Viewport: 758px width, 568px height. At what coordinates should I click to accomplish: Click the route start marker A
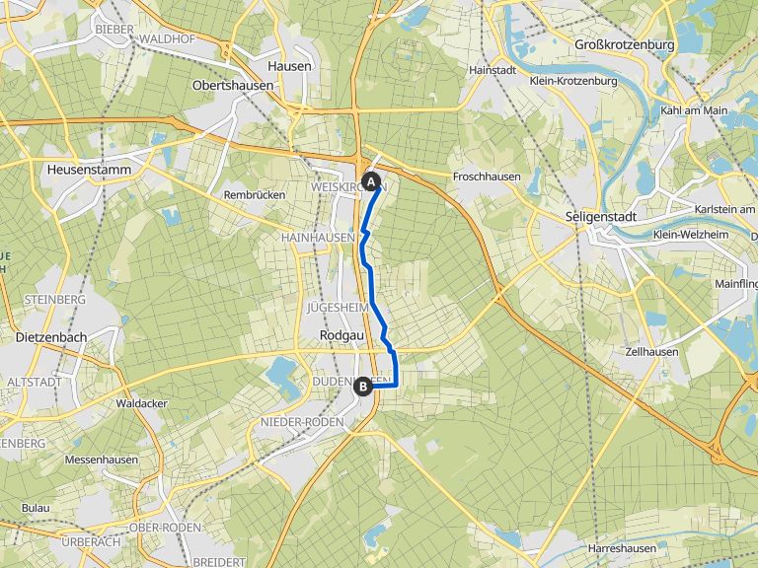click(372, 181)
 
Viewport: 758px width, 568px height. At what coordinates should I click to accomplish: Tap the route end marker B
click(363, 387)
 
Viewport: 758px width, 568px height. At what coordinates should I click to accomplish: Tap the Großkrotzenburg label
click(625, 44)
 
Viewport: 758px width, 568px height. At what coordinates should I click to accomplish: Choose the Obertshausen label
click(230, 86)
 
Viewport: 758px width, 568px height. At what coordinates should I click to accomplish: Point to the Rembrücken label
click(255, 195)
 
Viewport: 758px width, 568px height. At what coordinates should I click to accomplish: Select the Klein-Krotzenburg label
click(573, 81)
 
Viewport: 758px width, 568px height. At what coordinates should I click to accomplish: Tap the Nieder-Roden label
click(301, 422)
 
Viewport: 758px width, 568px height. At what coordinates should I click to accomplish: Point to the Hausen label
click(290, 66)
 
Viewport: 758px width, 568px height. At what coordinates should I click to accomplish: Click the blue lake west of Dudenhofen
click(280, 372)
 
